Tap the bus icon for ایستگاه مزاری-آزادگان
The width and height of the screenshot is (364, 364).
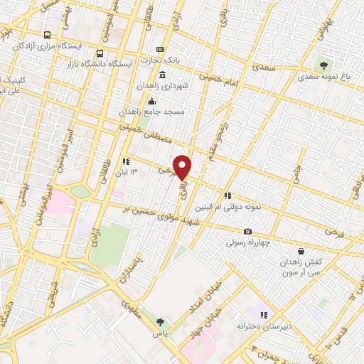pos(48,34)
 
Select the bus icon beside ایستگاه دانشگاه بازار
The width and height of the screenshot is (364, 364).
pos(100,53)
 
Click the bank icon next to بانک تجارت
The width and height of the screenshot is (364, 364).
pos(161,49)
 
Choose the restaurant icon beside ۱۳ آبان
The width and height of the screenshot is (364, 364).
pos(126,161)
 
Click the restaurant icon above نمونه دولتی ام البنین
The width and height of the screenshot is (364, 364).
pos(227,196)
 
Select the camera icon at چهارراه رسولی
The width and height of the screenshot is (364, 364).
pos(247,232)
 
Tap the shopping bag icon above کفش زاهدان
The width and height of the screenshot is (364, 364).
pos(301,251)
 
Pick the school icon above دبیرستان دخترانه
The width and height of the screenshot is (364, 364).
pos(263,314)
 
